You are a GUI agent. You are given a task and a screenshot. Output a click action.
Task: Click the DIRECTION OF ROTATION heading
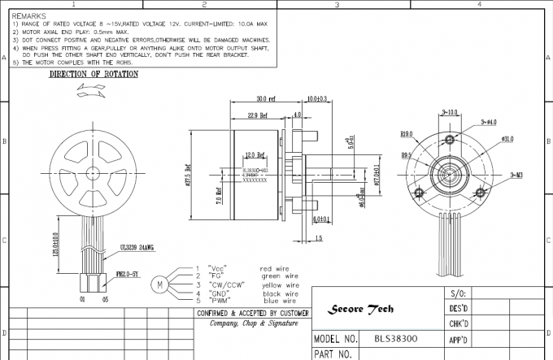click(x=94, y=74)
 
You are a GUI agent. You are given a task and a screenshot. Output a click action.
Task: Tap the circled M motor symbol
click(x=160, y=284)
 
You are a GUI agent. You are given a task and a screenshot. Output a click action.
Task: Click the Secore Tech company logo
click(x=360, y=309)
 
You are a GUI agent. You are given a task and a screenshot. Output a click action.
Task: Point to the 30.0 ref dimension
click(x=266, y=99)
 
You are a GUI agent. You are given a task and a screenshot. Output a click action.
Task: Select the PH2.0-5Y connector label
click(x=128, y=275)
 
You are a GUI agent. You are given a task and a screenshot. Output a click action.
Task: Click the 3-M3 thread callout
click(x=516, y=174)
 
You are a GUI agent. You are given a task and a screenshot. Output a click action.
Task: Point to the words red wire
click(x=275, y=268)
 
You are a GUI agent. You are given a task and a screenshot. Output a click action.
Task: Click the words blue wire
click(x=276, y=301)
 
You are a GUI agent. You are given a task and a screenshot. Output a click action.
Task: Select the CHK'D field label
click(x=459, y=323)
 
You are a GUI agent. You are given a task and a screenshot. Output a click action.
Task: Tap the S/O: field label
click(x=457, y=293)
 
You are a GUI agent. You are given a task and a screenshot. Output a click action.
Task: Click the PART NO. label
click(x=333, y=353)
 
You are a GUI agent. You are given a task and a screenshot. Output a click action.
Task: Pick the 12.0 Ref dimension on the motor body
click(x=255, y=154)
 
